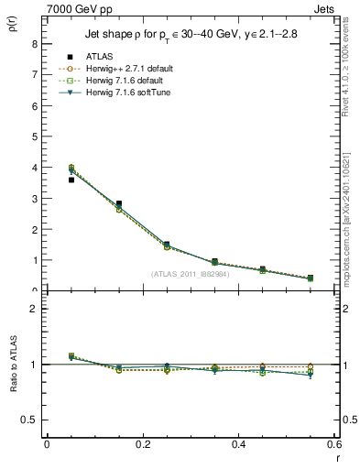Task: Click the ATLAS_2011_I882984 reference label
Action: pos(191,273)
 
